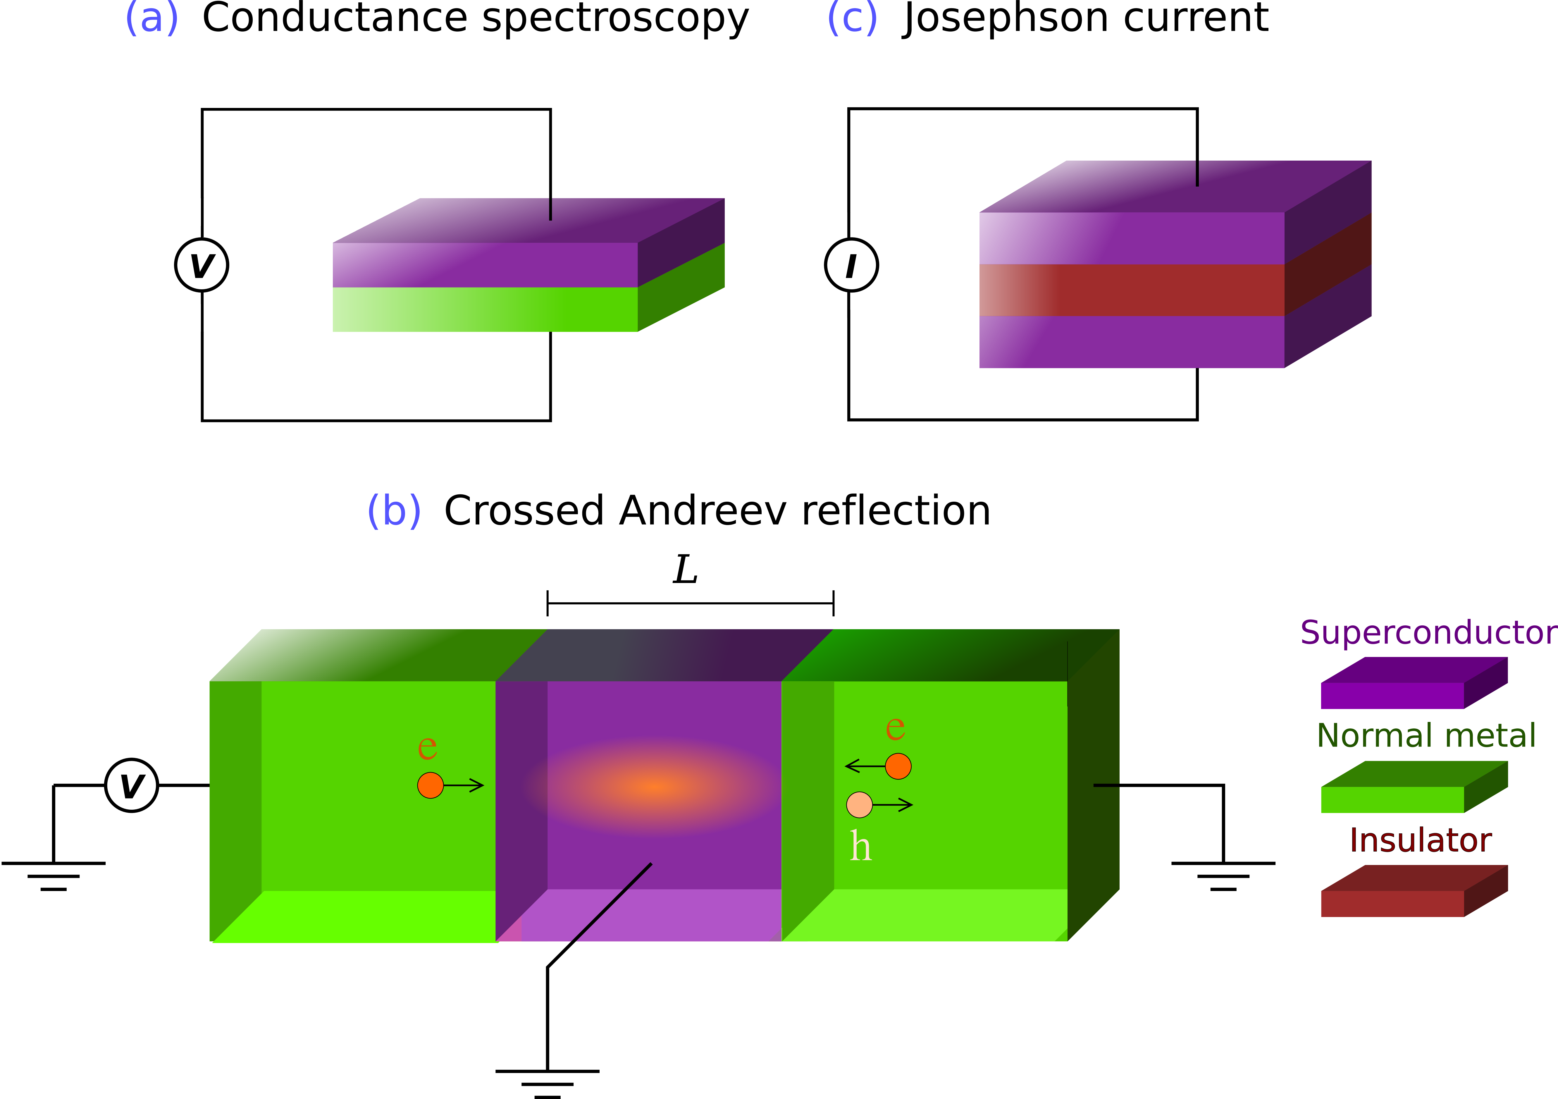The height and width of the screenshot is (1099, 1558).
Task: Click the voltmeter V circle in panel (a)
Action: pyautogui.click(x=202, y=265)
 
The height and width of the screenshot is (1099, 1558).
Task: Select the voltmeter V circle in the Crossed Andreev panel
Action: pyautogui.click(x=132, y=785)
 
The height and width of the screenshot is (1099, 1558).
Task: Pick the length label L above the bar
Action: pyautogui.click(x=685, y=569)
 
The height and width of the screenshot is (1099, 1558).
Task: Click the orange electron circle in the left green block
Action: pyautogui.click(x=430, y=785)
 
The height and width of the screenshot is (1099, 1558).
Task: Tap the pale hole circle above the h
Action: pyautogui.click(x=859, y=805)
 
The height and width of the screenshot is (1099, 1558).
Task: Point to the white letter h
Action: pyautogui.click(x=860, y=847)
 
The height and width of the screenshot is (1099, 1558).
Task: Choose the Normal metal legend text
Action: pyautogui.click(x=1425, y=735)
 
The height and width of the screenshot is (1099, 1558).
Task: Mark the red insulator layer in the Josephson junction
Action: pyautogui.click(x=1132, y=290)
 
